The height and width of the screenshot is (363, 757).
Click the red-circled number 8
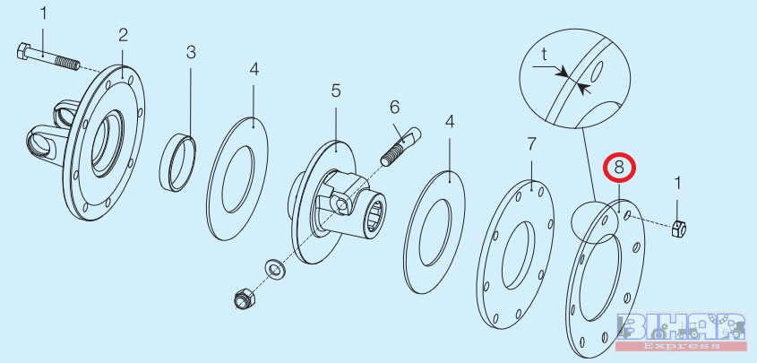coord(619,168)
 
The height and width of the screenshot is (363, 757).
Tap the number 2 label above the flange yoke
coord(123,35)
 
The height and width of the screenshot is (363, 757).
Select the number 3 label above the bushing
coord(191,52)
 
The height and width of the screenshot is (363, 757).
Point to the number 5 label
coord(336,91)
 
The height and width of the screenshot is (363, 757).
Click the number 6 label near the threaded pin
coord(395,108)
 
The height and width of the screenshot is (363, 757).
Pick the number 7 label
coord(531,143)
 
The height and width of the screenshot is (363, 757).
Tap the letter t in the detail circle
coord(544,55)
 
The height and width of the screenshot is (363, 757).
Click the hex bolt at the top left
coord(48,57)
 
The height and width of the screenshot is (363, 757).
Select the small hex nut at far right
coord(679,228)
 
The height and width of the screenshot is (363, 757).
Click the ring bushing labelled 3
coord(177,162)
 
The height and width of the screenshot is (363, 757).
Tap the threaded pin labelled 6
coord(401,146)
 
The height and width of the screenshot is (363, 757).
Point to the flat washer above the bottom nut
coord(275,268)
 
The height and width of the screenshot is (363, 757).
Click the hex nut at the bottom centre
coord(245,298)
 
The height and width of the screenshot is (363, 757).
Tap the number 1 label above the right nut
coord(678,184)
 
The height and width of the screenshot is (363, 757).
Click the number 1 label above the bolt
coord(44,13)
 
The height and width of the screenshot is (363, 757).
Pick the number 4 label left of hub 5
coord(254,70)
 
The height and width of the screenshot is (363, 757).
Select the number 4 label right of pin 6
coord(450,122)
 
